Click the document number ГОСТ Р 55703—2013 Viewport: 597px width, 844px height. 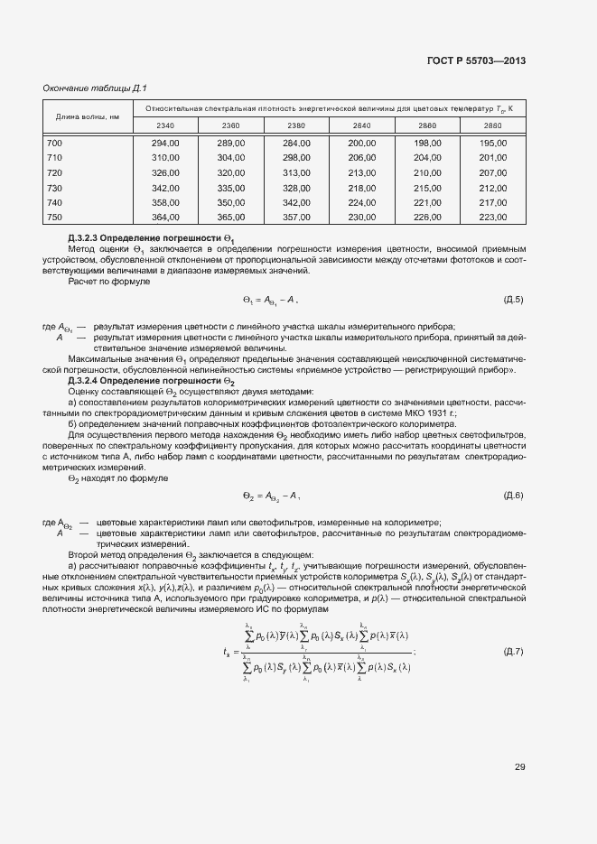point(476,60)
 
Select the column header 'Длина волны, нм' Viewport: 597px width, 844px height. point(88,116)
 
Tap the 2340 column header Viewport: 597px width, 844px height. point(165,125)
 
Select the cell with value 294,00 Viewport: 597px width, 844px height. point(165,143)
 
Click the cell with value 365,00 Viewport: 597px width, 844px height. point(231,218)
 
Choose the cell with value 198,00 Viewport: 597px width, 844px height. point(427,143)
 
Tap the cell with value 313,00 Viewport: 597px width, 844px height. point(296,172)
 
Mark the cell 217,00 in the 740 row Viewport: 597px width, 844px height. point(492,203)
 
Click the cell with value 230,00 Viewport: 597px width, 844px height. point(361,218)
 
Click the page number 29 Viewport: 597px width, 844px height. point(519,767)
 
